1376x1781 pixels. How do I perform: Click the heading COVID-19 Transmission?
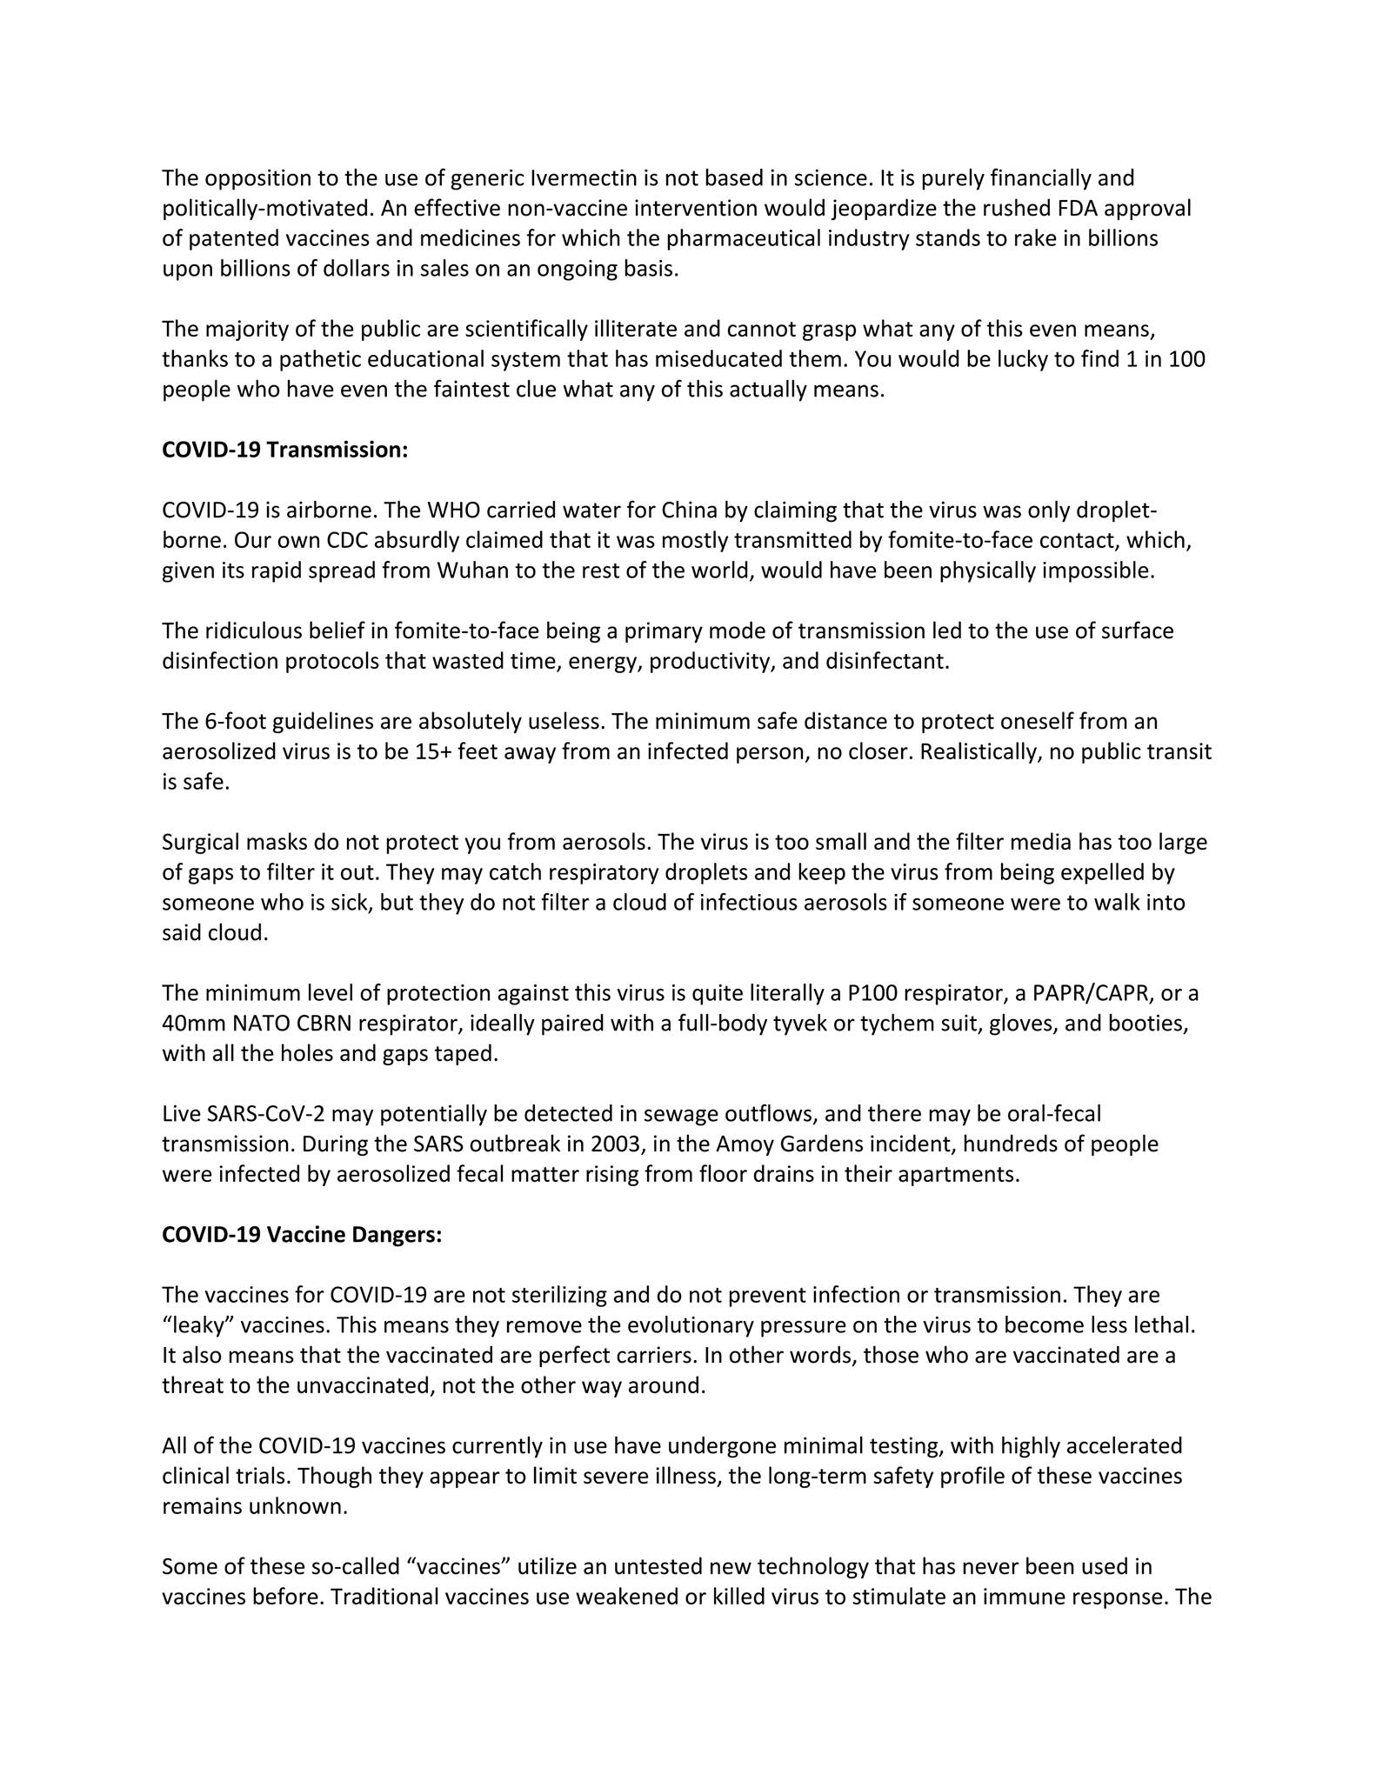click(x=284, y=450)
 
